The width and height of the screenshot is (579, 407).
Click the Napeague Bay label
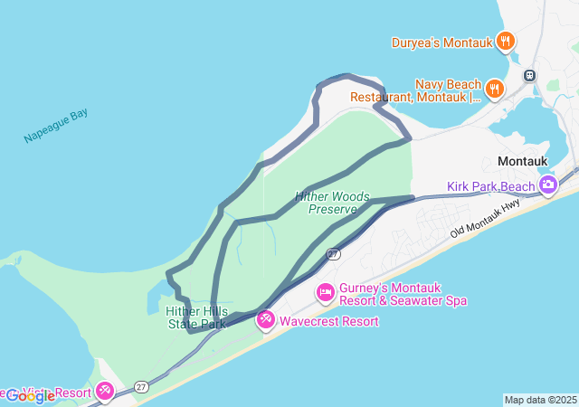point(55,126)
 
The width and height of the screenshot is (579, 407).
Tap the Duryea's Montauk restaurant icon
point(506,41)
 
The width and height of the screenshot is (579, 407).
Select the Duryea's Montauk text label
point(441,42)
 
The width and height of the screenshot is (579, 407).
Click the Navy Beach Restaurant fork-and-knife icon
point(494,88)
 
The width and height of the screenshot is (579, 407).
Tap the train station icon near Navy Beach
point(530,75)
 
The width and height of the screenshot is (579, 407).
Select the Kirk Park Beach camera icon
point(547,185)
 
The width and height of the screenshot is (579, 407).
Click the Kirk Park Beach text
point(491,187)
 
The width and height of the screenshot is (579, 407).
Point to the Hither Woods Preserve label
point(327,202)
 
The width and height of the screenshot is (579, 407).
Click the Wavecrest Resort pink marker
point(265,319)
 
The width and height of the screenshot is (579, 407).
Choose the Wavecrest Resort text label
point(328,321)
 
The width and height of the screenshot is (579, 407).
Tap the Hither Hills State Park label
point(196,317)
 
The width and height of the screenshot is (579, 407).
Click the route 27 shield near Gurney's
point(333,254)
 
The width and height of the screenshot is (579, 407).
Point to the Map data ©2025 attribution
point(540,400)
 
